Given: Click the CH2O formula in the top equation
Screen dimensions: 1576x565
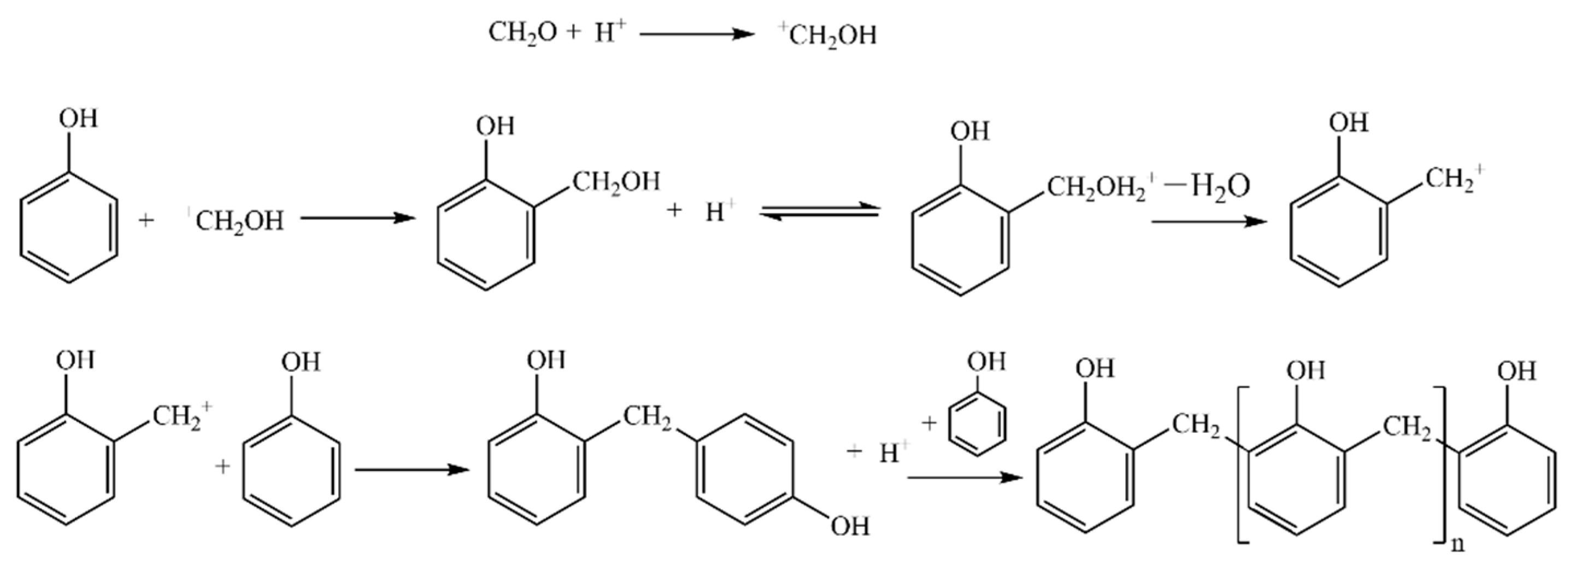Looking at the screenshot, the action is (x=522, y=33).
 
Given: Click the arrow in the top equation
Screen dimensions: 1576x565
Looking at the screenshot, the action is (x=697, y=34).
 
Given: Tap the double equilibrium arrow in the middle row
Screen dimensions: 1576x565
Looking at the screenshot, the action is (x=819, y=211).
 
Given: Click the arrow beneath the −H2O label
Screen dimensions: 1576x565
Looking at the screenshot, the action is (x=1209, y=221).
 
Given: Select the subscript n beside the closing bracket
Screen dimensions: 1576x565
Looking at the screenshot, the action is (x=1459, y=543).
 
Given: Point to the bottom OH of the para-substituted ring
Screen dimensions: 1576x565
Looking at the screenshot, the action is (x=850, y=526).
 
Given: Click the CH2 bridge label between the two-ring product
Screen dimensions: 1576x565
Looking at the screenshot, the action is (x=647, y=418).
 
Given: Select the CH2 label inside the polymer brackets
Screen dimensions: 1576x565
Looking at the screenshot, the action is (x=1408, y=427).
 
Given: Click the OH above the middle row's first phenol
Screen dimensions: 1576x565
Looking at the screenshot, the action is (x=78, y=119).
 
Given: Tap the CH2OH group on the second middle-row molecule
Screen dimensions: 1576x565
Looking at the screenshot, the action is (x=615, y=181).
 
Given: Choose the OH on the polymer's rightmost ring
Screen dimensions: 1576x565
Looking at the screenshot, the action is (x=1516, y=371).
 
